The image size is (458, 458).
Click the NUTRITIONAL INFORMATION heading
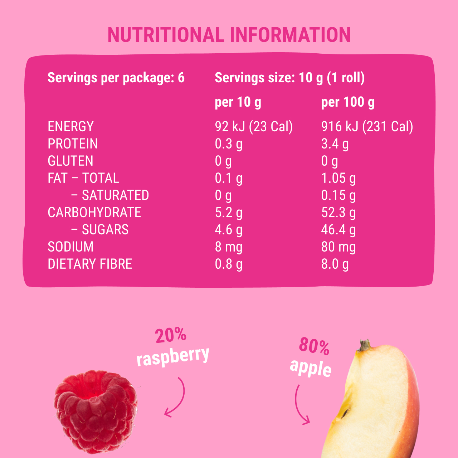(229, 35)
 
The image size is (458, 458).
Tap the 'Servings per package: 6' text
(116, 78)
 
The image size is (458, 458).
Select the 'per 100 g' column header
(348, 102)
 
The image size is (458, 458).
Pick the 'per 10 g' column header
(238, 102)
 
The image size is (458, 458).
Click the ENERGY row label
(70, 127)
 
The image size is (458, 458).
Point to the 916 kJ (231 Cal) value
(367, 127)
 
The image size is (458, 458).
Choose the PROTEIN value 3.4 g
(335, 144)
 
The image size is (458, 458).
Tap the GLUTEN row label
(70, 161)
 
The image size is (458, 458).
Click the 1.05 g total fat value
(338, 178)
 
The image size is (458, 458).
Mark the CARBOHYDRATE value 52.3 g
(338, 213)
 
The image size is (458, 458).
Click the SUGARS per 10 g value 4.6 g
(229, 230)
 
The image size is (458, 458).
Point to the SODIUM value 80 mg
(338, 247)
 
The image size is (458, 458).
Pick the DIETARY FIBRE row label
(90, 264)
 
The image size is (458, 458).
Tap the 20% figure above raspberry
(171, 336)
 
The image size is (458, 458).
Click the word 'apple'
(311, 368)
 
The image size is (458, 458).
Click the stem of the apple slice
(365, 345)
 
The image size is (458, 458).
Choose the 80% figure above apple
(314, 346)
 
